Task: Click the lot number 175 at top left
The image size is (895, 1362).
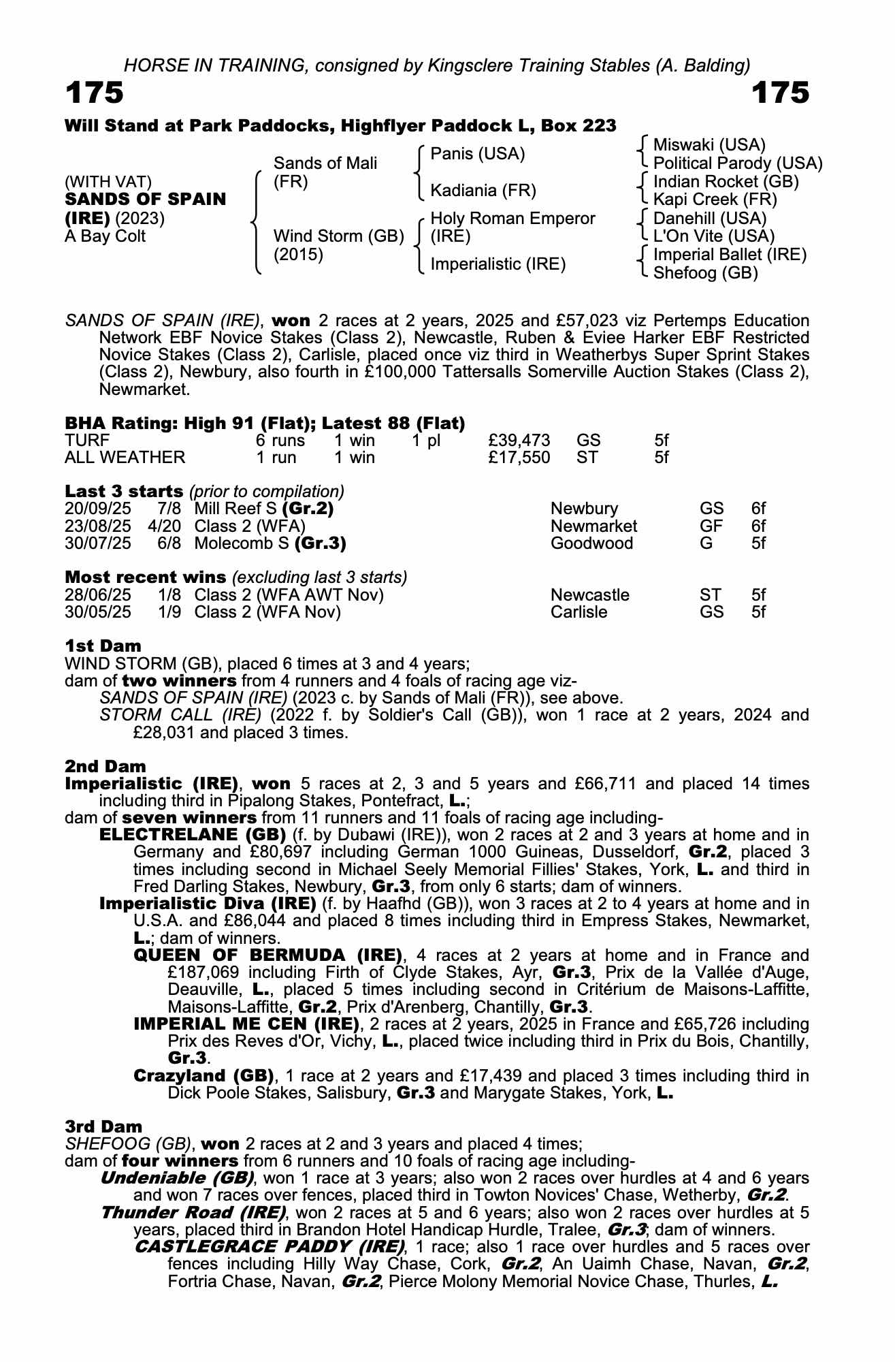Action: click(95, 93)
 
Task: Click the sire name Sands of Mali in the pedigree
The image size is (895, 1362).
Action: click(325, 163)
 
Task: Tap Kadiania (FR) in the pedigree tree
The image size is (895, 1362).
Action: click(483, 190)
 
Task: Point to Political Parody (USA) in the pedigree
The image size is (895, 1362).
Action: click(738, 163)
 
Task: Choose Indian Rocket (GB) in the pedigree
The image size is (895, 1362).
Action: click(726, 182)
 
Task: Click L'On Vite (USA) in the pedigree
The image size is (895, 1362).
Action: click(713, 236)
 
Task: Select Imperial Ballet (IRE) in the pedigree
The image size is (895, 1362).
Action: click(730, 255)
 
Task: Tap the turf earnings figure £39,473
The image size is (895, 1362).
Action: click(519, 441)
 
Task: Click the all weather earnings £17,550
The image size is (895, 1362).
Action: click(519, 457)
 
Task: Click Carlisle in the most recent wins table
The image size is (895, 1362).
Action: click(579, 612)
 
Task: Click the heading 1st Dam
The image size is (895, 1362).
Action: click(103, 646)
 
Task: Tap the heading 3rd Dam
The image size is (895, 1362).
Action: click(103, 1126)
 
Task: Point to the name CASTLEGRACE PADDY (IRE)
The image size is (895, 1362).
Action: click(270, 1247)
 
